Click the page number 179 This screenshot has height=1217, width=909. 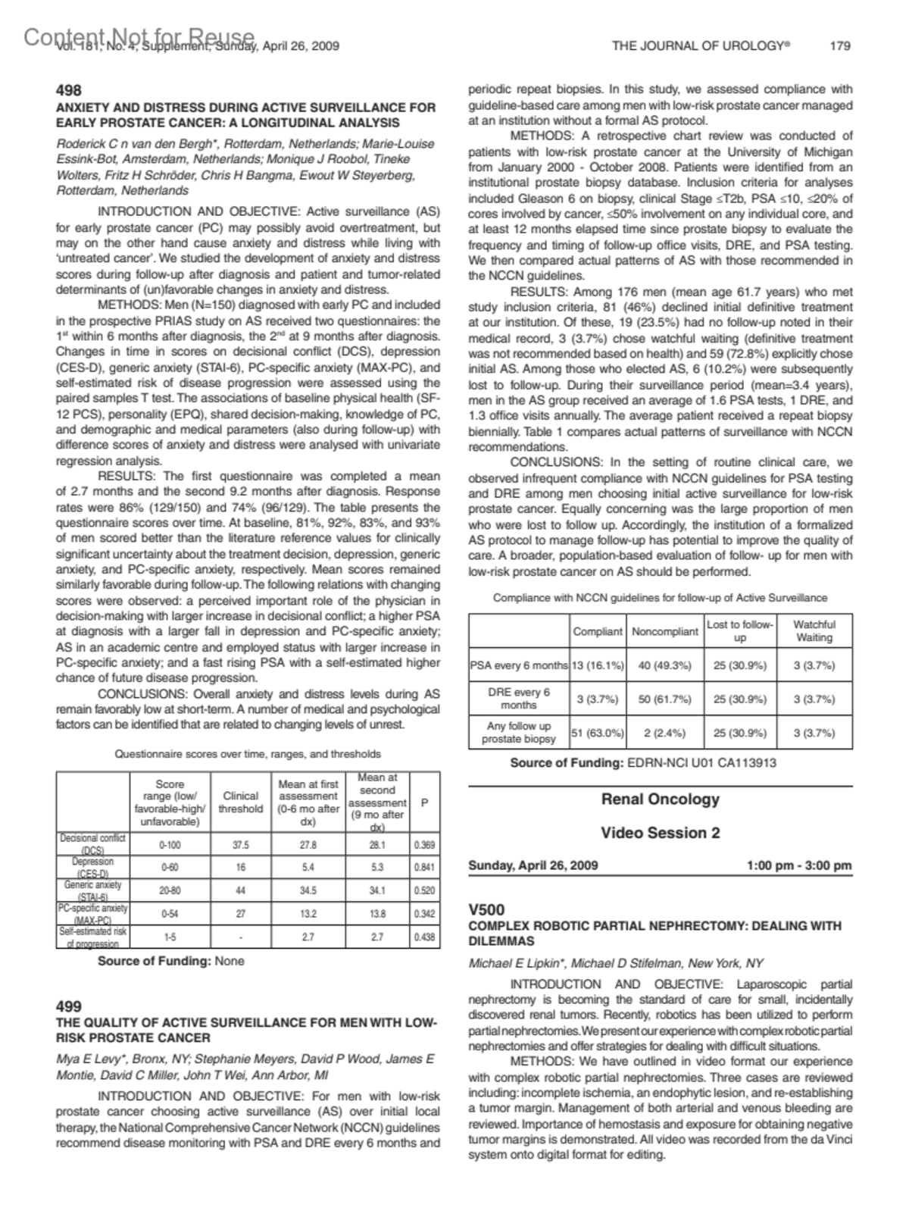pyautogui.click(x=840, y=46)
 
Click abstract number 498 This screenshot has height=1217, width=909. pyautogui.click(x=69, y=91)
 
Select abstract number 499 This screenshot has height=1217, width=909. pyautogui.click(x=69, y=1006)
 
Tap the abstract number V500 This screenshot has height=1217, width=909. pyautogui.click(x=486, y=909)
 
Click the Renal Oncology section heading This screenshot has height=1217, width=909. pyautogui.click(x=660, y=799)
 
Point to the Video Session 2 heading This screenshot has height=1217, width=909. pyautogui.click(x=660, y=833)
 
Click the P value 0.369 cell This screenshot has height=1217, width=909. pyautogui.click(x=424, y=845)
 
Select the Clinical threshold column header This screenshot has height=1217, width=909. pyautogui.click(x=241, y=802)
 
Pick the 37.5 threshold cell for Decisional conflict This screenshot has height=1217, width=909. pyautogui.click(x=241, y=845)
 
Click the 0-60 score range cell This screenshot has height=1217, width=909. pyautogui.click(x=169, y=868)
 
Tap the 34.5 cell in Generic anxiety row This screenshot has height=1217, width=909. pyautogui.click(x=308, y=891)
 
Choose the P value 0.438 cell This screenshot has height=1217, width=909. pyautogui.click(x=424, y=937)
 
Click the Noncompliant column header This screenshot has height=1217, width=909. pyautogui.click(x=665, y=631)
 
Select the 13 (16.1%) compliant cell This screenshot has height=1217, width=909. pyautogui.click(x=598, y=665)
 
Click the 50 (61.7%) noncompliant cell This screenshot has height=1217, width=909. pyautogui.click(x=665, y=699)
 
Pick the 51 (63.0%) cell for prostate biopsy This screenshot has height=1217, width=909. pyautogui.click(x=598, y=733)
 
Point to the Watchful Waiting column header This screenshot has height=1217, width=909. pyautogui.click(x=814, y=630)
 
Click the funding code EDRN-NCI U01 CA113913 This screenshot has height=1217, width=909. pyautogui.click(x=701, y=762)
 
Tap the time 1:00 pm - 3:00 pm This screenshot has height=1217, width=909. pyautogui.click(x=799, y=865)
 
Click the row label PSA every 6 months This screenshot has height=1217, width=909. pyautogui.click(x=519, y=665)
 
